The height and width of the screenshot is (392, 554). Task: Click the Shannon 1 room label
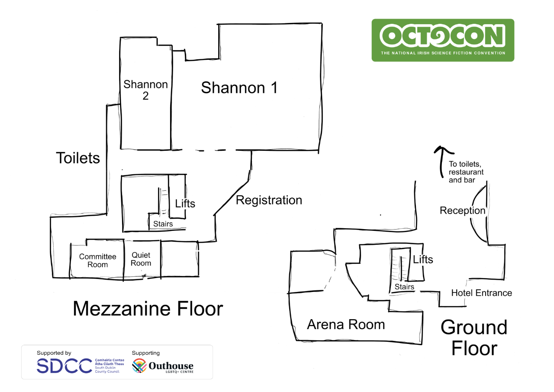coord(239,87)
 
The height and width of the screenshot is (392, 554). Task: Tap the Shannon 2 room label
coord(145,90)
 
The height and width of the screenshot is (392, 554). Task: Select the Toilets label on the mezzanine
coord(78,158)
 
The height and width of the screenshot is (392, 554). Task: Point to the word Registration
coord(269,200)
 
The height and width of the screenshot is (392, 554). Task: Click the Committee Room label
coord(97,260)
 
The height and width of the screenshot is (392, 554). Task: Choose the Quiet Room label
coord(141,259)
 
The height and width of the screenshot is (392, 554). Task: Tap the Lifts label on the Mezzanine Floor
coord(185,204)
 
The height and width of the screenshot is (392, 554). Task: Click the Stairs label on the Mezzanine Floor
coord(163,224)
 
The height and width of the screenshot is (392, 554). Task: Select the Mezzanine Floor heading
coord(148,308)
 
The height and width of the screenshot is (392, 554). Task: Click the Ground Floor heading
coord(474,337)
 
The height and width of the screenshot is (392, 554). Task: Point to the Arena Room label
coord(346,324)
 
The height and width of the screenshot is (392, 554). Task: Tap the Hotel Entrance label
coord(482,293)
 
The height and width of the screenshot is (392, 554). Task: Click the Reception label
coord(462,211)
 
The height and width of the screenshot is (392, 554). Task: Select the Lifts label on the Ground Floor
coord(423,259)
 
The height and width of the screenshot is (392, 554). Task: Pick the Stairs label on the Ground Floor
coord(404,287)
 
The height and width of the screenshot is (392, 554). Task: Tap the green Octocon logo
coord(443,40)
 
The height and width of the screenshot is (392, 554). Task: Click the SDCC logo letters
coord(64,366)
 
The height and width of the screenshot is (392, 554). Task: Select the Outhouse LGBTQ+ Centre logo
coord(163,366)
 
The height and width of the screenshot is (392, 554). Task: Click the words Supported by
coord(54,353)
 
